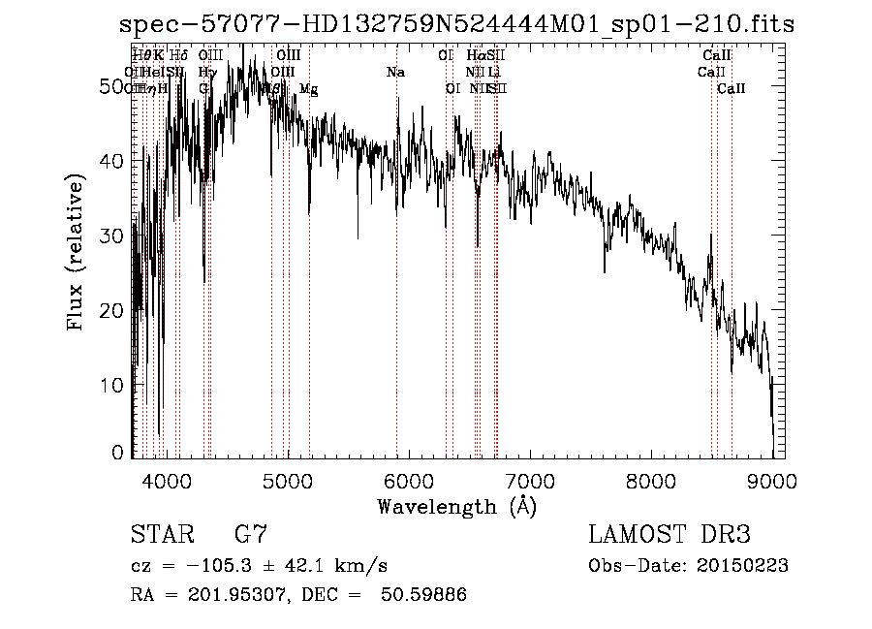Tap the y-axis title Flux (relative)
(77, 252)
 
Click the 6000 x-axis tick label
(408, 480)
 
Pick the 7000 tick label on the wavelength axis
(530, 480)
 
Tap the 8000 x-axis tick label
(651, 480)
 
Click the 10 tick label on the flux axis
(112, 385)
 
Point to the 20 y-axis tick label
(112, 310)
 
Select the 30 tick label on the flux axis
(112, 236)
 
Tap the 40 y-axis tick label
(112, 161)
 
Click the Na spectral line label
(395, 72)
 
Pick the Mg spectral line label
(308, 89)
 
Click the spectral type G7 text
(251, 535)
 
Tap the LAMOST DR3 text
(670, 535)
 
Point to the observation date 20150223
(741, 565)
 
